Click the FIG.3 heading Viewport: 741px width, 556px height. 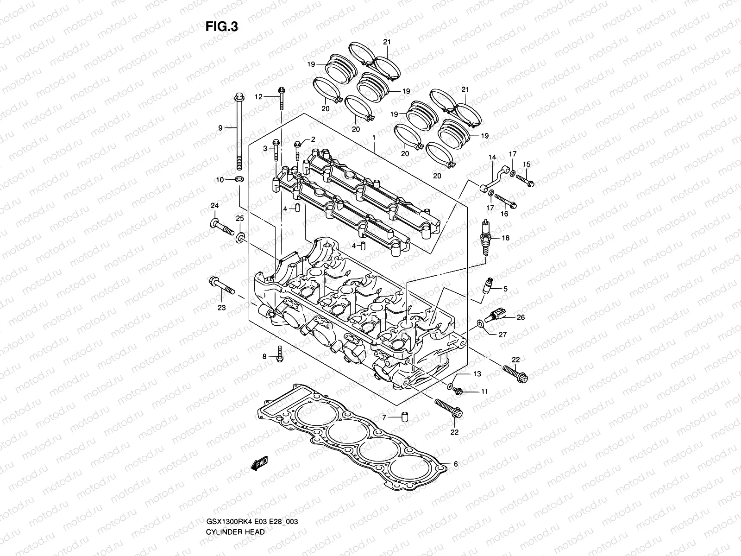pos(222,27)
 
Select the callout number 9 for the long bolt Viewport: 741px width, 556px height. pos(220,128)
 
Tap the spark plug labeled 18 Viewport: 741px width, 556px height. pos(486,237)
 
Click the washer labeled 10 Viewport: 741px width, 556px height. pos(239,179)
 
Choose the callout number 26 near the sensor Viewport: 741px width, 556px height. pos(521,317)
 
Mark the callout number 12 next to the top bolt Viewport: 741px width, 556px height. pos(258,97)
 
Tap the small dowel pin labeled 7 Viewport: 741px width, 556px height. pos(404,417)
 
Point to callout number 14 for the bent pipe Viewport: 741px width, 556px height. pos(492,158)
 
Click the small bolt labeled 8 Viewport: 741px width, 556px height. pos(280,354)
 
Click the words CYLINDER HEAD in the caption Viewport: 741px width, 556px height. pos(235,506)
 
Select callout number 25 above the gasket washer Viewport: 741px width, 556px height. pos(239,218)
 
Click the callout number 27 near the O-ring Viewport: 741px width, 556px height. pos(502,335)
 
